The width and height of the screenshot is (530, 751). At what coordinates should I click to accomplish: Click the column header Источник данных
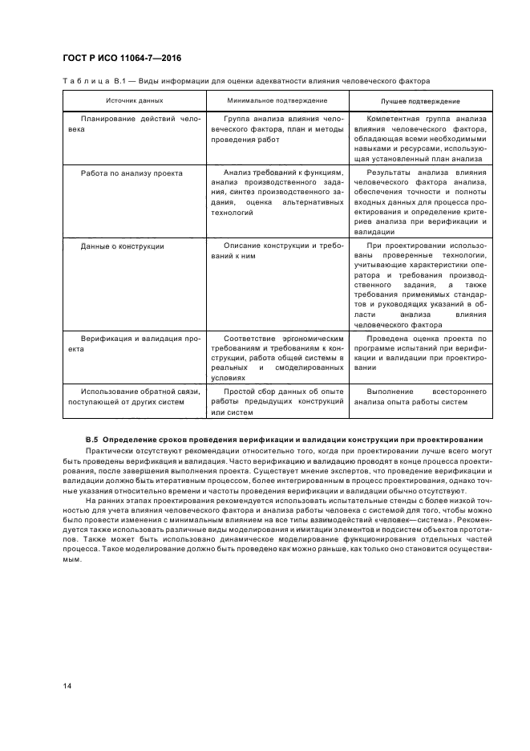click(135, 101)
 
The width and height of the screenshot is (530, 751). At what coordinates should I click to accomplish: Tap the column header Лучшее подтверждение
click(419, 101)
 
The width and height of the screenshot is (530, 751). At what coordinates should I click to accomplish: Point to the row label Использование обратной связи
click(135, 396)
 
